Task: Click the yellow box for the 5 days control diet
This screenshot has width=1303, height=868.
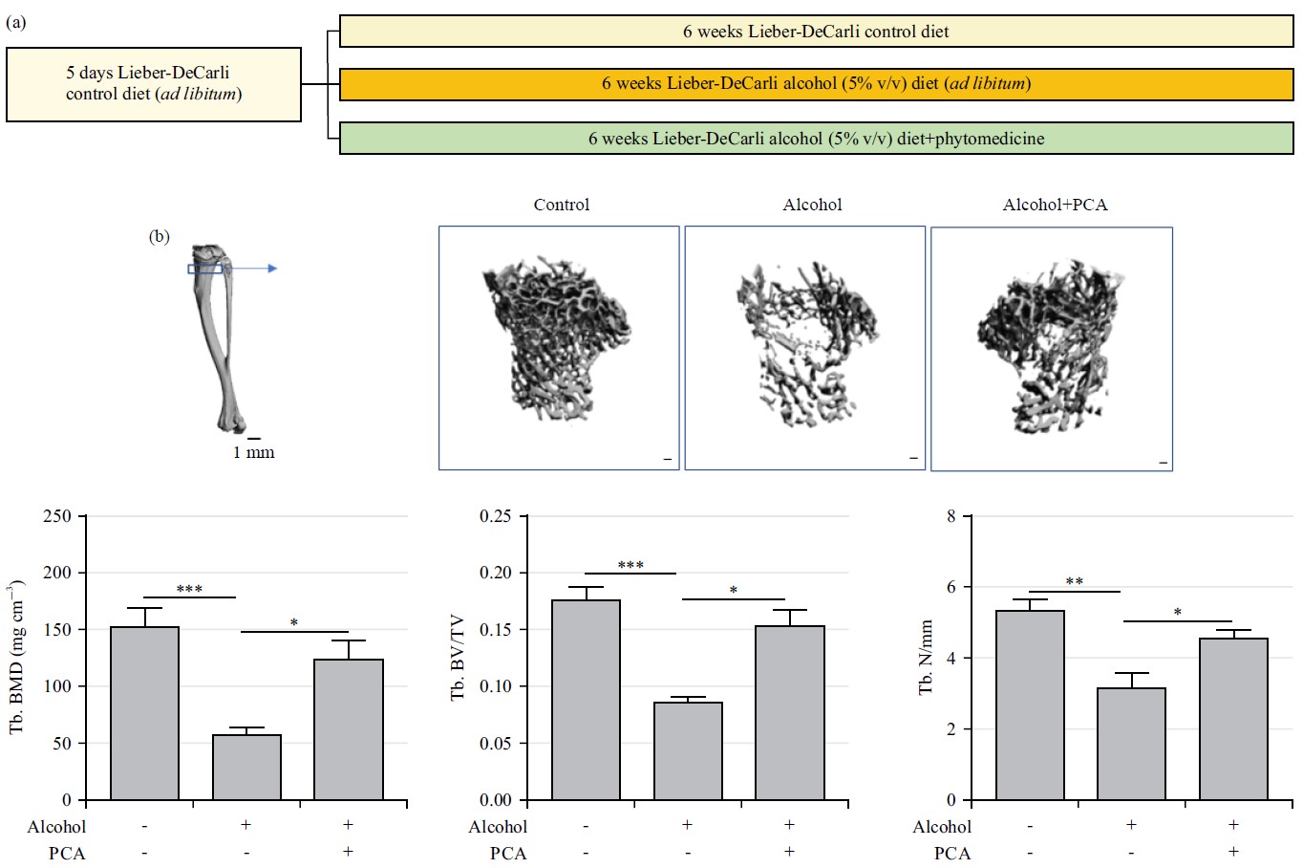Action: (154, 84)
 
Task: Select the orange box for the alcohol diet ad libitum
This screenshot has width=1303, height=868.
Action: (816, 83)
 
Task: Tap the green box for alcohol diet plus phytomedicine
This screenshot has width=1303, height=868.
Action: (816, 139)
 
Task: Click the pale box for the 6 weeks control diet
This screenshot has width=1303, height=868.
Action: (816, 32)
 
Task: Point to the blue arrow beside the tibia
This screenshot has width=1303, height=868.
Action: (258, 269)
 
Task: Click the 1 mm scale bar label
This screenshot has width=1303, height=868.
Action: (253, 452)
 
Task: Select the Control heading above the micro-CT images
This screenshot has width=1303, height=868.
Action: (561, 205)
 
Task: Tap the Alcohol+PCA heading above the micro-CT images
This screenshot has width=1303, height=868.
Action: (1055, 205)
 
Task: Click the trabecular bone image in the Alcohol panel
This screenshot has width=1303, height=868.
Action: (802, 344)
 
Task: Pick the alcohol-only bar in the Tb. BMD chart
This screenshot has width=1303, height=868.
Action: (246, 767)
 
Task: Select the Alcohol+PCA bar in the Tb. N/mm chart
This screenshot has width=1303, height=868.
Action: (1233, 719)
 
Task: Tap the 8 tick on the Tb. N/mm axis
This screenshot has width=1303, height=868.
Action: (951, 516)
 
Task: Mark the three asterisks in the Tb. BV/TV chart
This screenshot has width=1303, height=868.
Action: (630, 566)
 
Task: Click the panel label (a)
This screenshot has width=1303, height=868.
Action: (15, 22)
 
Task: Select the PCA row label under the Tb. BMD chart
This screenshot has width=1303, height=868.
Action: (67, 853)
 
